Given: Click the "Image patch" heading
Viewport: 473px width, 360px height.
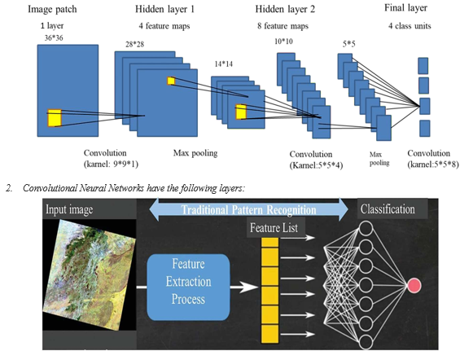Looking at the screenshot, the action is [52, 9].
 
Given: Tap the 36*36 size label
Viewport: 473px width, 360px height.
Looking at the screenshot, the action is [54, 38].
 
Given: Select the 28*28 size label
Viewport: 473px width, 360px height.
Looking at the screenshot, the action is [135, 44].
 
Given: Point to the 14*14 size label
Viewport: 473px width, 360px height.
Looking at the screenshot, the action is [224, 64].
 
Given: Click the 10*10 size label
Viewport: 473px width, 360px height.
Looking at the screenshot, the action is [283, 42].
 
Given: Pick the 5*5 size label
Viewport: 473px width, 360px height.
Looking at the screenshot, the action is [348, 44].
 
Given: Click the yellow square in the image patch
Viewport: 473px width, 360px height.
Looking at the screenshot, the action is [55, 118].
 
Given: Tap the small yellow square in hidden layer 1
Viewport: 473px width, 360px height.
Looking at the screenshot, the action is [171, 81].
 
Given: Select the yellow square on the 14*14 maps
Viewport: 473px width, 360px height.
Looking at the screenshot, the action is [241, 112].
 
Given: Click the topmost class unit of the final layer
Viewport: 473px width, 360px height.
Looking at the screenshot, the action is [423, 66].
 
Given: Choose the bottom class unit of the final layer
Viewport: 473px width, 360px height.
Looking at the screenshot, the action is [424, 129].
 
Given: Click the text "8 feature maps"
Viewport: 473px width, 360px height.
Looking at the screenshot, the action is [283, 26].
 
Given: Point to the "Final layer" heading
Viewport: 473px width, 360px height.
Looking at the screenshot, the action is [405, 8].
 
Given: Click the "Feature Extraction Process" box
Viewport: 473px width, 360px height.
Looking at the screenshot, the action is [188, 287].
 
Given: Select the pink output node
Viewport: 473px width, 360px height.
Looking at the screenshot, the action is [414, 285].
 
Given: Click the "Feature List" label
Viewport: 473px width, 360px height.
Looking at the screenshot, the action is [274, 228].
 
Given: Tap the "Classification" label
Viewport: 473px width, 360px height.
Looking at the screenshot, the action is [388, 209].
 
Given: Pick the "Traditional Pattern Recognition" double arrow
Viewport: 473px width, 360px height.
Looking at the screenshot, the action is [248, 209].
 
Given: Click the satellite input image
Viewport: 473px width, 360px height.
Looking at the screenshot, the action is [90, 274].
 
